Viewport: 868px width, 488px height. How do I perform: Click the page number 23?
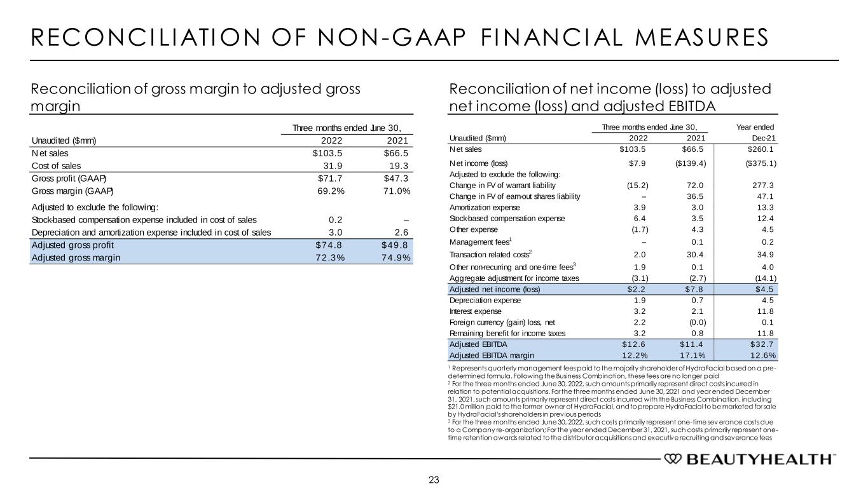click(x=434, y=479)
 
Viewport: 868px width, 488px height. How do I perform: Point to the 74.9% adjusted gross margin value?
click(x=394, y=257)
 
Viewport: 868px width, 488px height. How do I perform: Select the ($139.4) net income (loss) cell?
click(x=689, y=163)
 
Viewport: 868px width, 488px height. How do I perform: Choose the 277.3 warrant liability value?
click(x=762, y=185)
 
